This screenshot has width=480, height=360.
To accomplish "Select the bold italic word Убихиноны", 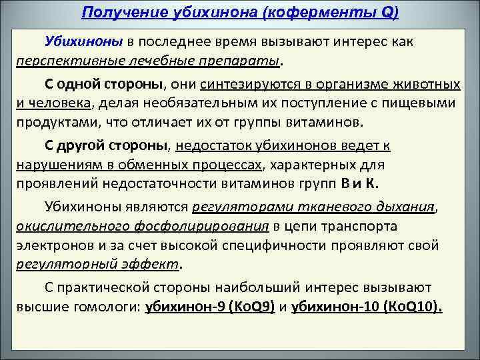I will (x=84, y=41).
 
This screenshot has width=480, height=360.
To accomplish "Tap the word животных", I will (x=423, y=85).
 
